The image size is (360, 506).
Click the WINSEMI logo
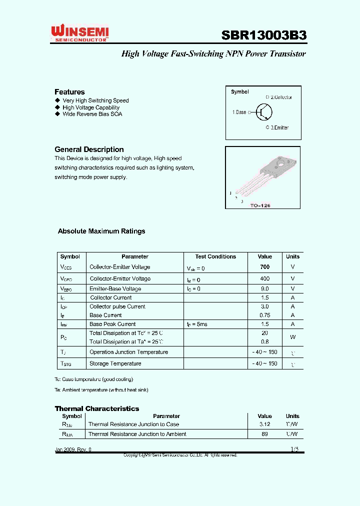[x=80, y=33]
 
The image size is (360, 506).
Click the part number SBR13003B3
[x=263, y=35]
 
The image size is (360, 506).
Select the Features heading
[x=69, y=92]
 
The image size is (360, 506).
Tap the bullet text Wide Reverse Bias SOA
[x=92, y=114]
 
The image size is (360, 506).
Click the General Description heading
[x=89, y=149]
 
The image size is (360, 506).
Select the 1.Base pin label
[x=239, y=112]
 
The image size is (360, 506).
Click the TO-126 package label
[x=260, y=205]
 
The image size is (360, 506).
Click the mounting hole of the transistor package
[x=281, y=163]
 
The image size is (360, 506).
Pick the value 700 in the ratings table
[x=264, y=267]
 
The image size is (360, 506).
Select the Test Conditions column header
[x=215, y=256]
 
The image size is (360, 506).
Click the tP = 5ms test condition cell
[x=196, y=324]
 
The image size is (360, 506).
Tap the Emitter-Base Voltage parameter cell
[x=115, y=289]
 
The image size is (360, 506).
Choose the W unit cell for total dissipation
[x=292, y=337]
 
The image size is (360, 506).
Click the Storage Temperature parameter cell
[x=115, y=363]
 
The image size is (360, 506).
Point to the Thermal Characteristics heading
[x=96, y=408]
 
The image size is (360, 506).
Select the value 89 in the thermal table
[x=264, y=434]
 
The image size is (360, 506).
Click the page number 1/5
[x=294, y=449]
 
